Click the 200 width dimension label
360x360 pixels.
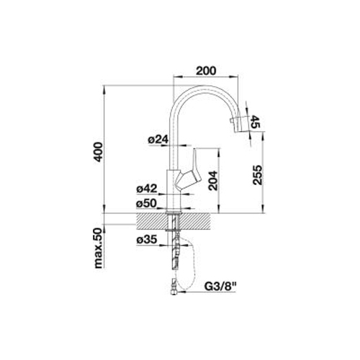click(x=206, y=71)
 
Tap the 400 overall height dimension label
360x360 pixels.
click(x=99, y=152)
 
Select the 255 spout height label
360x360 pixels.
click(x=257, y=175)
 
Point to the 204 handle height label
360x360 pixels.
click(x=213, y=181)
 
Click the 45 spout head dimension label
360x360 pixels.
click(x=255, y=122)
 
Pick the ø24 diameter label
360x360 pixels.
click(x=158, y=140)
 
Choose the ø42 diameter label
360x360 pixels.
click(x=147, y=189)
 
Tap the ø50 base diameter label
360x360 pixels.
click(x=146, y=204)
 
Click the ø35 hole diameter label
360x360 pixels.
click(x=147, y=239)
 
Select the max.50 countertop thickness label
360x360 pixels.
click(x=99, y=248)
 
